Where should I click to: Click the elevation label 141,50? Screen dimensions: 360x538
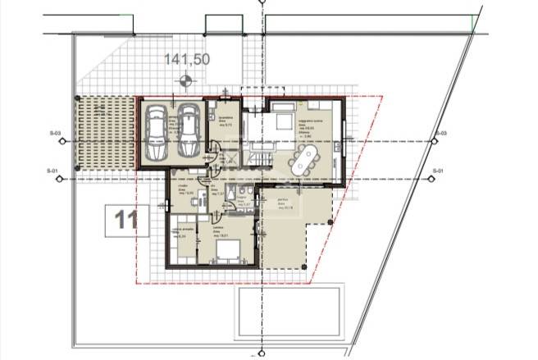(187, 59)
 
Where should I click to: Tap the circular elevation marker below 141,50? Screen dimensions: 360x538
(187, 80)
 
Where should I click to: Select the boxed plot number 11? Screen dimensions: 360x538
(125, 219)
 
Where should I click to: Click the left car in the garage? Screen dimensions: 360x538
(156, 134)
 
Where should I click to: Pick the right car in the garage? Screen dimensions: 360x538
(188, 134)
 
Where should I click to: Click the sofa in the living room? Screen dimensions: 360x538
(282, 121)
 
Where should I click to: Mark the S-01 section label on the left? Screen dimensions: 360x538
(55, 171)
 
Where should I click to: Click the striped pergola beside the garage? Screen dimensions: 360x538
(106, 135)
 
